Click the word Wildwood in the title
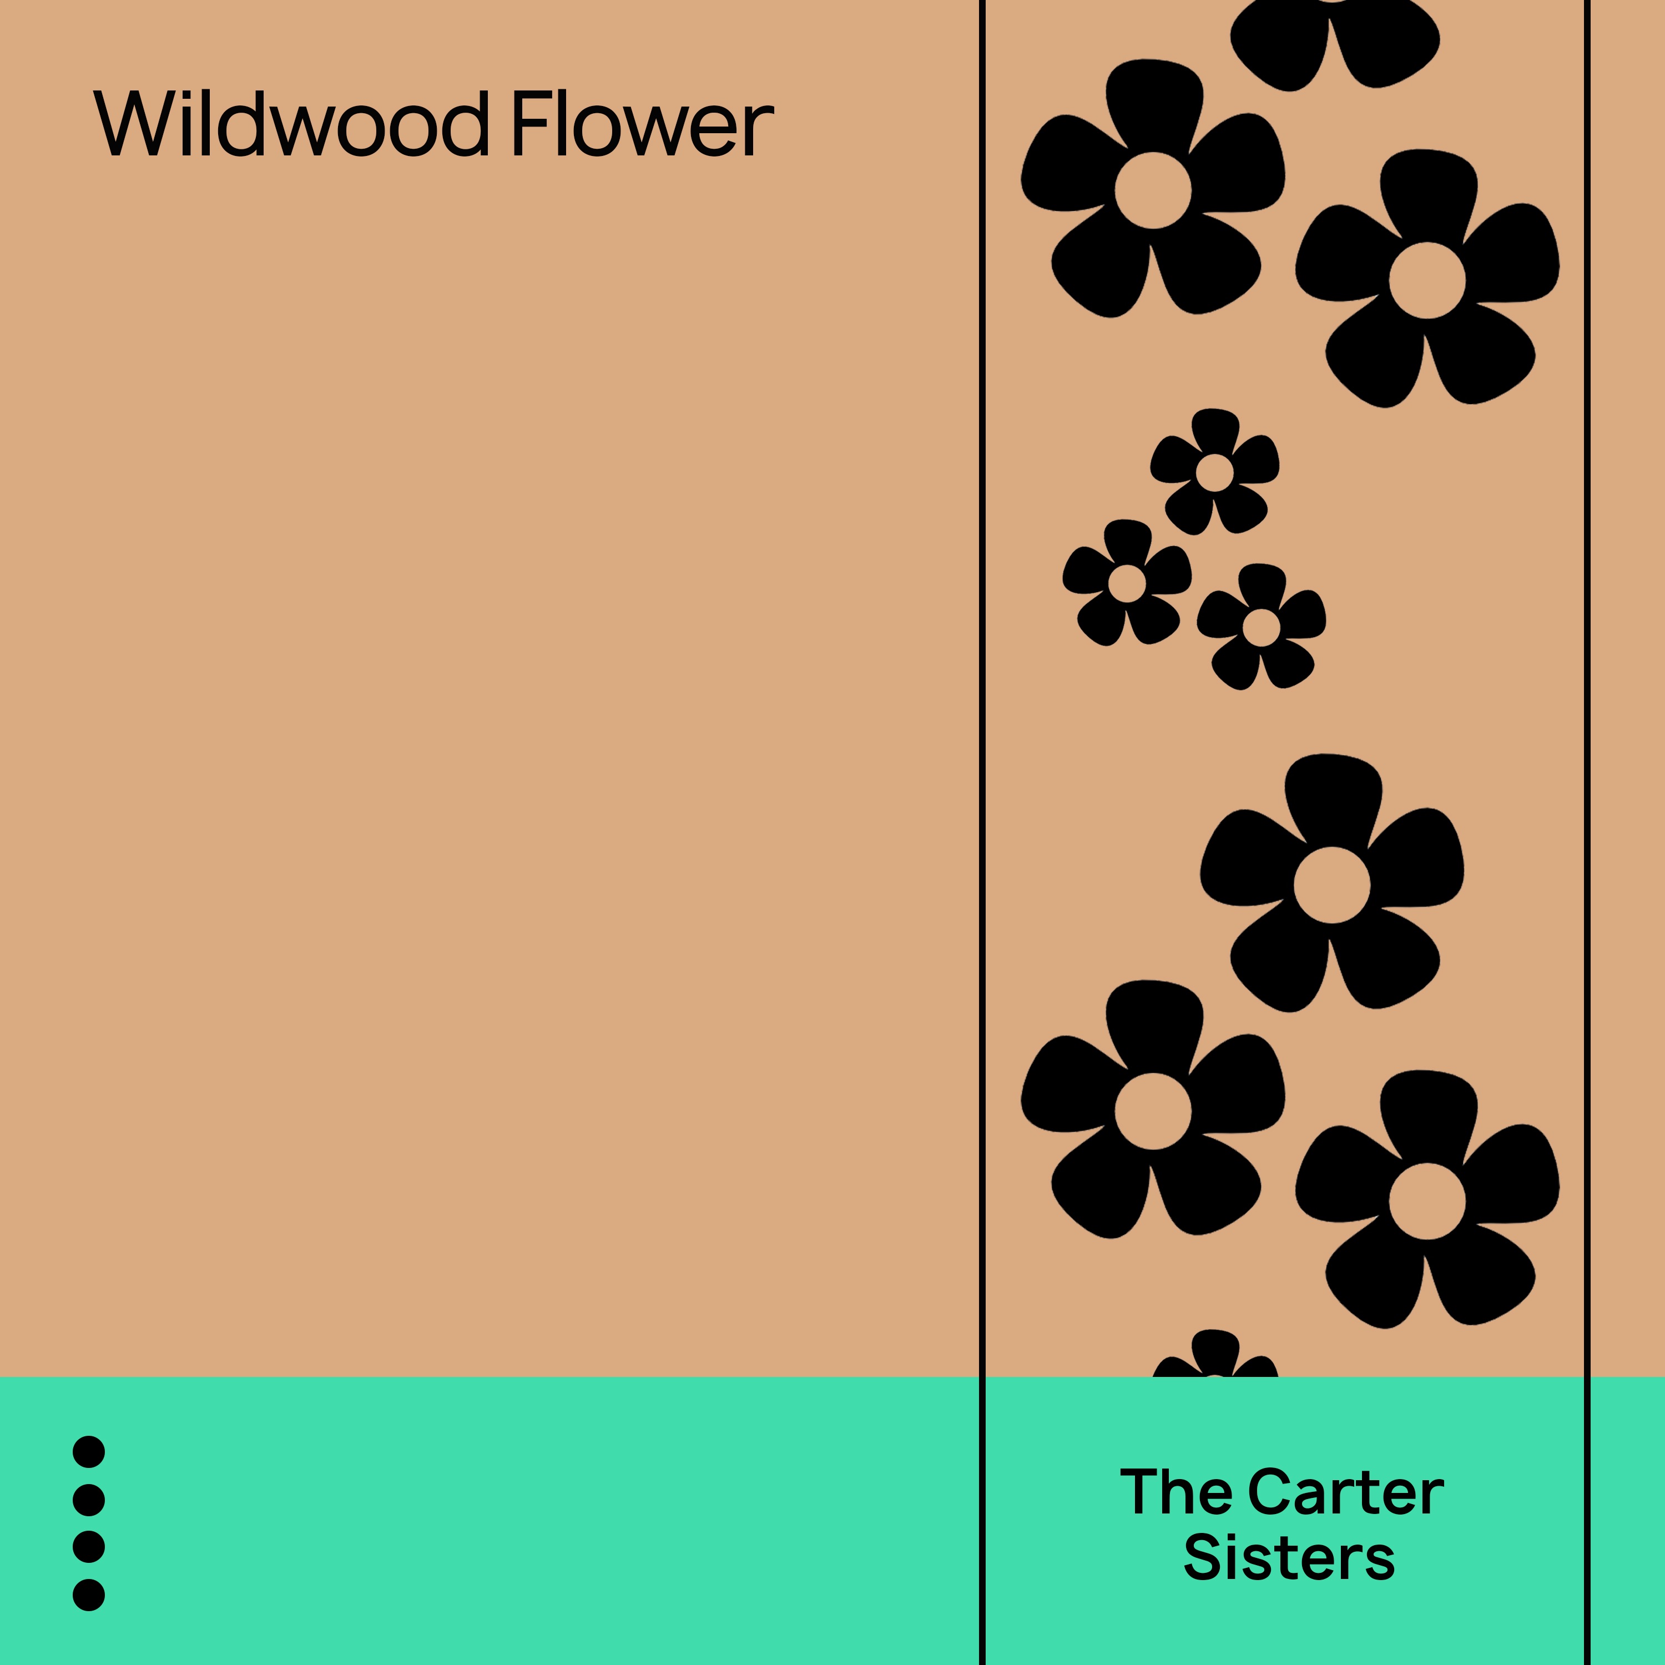(x=291, y=123)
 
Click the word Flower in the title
(x=642, y=123)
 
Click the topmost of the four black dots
(x=89, y=1452)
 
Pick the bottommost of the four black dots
(x=89, y=1595)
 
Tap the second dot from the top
(x=89, y=1500)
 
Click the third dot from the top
(x=89, y=1547)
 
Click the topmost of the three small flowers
(x=1214, y=472)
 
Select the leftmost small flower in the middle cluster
(x=1127, y=583)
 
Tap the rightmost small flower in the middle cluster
(x=1261, y=627)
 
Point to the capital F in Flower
(x=529, y=123)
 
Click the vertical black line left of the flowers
(x=982, y=689)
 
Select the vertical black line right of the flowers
(x=1587, y=689)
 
